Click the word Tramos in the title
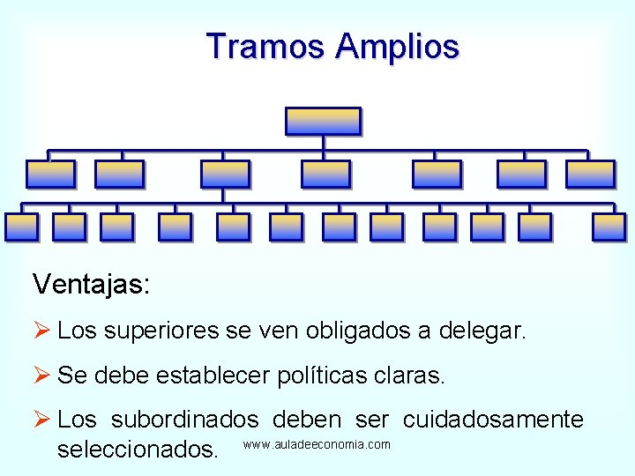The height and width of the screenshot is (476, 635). tap(265, 46)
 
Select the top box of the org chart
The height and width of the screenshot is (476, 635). tap(324, 121)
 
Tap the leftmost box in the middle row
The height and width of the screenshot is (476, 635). tap(50, 175)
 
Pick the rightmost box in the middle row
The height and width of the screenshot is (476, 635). tap(590, 175)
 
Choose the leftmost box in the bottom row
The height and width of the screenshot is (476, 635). tap(21, 227)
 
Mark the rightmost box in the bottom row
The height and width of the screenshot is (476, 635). tap(609, 227)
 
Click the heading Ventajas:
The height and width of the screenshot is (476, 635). tap(91, 284)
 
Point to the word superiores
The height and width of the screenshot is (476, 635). tap(161, 332)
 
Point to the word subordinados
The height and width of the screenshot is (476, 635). tap(185, 420)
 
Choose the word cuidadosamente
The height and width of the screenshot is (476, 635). tap(494, 420)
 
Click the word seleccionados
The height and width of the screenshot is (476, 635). tap(137, 450)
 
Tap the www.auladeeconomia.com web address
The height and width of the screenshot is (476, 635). tap(317, 444)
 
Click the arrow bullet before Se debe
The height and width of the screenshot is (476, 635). tap(41, 376)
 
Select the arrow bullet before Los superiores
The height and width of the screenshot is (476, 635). tap(41, 331)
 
